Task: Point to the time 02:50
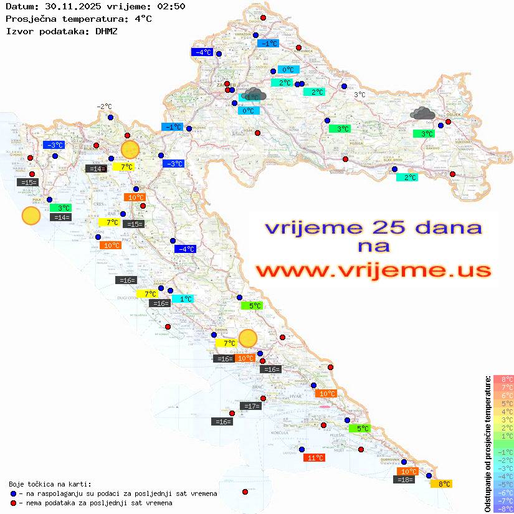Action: (172, 6)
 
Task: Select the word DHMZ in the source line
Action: (106, 31)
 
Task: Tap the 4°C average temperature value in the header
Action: (143, 18)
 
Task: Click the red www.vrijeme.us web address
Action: (373, 270)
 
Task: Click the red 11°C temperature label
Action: (315, 458)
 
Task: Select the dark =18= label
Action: (405, 480)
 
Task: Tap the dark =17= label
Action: (251, 406)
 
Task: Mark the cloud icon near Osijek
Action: (423, 113)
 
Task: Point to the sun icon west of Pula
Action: (31, 216)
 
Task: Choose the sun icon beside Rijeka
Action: (130, 150)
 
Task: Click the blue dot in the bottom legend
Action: (14, 493)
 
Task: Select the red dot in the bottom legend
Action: (14, 503)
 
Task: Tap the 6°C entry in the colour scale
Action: (503, 396)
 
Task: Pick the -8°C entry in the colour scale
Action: (503, 509)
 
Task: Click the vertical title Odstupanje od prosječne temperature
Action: (488, 443)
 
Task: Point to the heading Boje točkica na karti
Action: (50, 484)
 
